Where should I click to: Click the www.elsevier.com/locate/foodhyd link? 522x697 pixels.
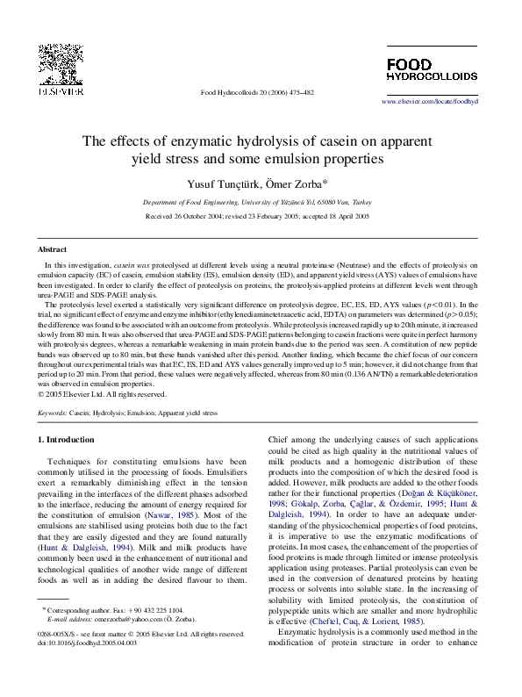coord(430,102)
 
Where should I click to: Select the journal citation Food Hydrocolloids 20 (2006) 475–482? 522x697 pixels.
coord(257,92)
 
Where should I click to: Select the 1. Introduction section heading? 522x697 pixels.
coord(69,439)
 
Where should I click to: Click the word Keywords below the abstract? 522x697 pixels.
coord(54,412)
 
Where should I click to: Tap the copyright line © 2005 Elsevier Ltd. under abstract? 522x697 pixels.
coord(103,394)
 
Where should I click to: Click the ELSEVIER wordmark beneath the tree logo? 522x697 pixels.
coord(61,90)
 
